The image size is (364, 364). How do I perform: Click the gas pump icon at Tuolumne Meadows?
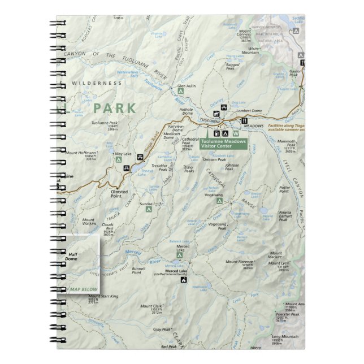pos(217,133)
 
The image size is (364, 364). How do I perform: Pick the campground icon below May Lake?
pos(119,160)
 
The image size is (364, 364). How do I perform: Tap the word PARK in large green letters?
pos(115,108)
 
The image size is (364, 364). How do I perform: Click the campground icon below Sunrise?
pos(149,209)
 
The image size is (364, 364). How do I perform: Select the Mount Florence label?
pos(240,262)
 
